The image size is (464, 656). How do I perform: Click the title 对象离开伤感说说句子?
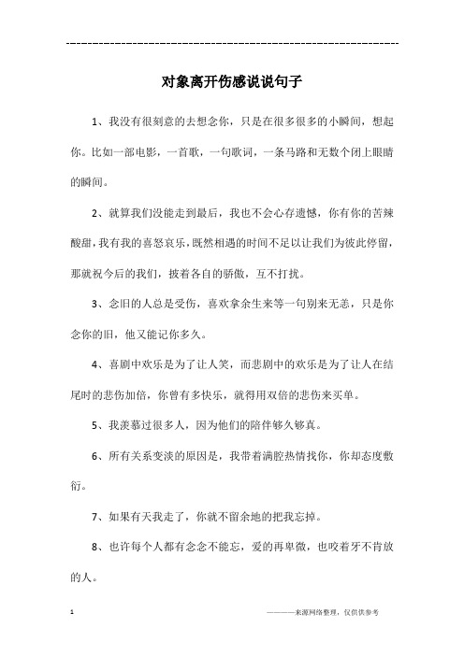231,81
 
